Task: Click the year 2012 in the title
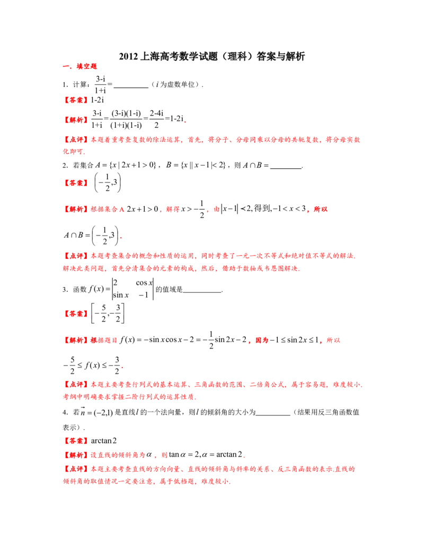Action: pyautogui.click(x=128, y=56)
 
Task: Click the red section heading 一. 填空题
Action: pyautogui.click(x=79, y=66)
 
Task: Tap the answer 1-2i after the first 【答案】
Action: pyautogui.click(x=97, y=100)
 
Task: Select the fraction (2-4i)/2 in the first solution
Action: pyautogui.click(x=156, y=119)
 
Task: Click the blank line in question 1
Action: pyautogui.click(x=131, y=88)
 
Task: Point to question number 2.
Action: pyautogui.click(x=65, y=165)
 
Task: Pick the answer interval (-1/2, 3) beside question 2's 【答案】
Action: pyautogui.click(x=108, y=182)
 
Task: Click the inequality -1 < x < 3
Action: pyautogui.click(x=289, y=208)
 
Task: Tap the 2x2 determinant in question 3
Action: pyautogui.click(x=132, y=289)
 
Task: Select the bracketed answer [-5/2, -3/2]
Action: pyautogui.click(x=108, y=313)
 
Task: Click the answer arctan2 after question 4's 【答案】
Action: pyautogui.click(x=103, y=440)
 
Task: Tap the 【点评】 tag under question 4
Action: pyautogui.click(x=76, y=469)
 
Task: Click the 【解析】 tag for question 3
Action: pyautogui.click(x=76, y=340)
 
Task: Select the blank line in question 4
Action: pyautogui.click(x=273, y=415)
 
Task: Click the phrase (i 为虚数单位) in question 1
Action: pyautogui.click(x=176, y=84)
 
